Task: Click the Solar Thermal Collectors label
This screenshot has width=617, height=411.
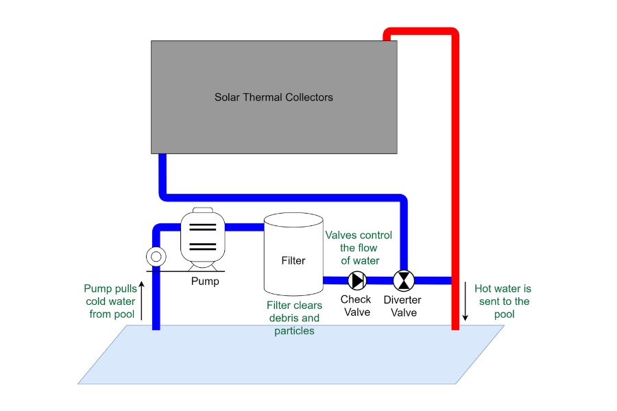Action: coord(274,97)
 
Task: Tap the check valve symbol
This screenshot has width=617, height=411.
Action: coord(357,279)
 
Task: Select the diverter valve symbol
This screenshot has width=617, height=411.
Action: coord(404,279)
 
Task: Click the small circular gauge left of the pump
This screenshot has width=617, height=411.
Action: coord(156,257)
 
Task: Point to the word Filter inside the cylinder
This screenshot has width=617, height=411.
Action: coord(293,260)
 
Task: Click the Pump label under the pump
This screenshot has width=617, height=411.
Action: coord(205,281)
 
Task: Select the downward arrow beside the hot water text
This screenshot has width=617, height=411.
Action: coord(465,301)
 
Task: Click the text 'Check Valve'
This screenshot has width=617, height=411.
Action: coord(356,306)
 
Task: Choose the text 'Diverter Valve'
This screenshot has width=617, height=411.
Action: coord(402,306)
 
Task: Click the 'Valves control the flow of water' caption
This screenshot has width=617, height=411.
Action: coord(359,247)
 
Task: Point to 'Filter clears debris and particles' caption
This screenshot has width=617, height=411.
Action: coord(293,318)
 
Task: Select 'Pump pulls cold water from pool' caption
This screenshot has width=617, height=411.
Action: coord(110,301)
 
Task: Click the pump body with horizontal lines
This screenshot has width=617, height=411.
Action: coord(202,237)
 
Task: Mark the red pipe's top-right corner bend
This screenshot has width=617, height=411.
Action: coord(453,32)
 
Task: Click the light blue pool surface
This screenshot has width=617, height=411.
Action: coord(288,356)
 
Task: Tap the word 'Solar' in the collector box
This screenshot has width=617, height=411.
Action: coord(228,97)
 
